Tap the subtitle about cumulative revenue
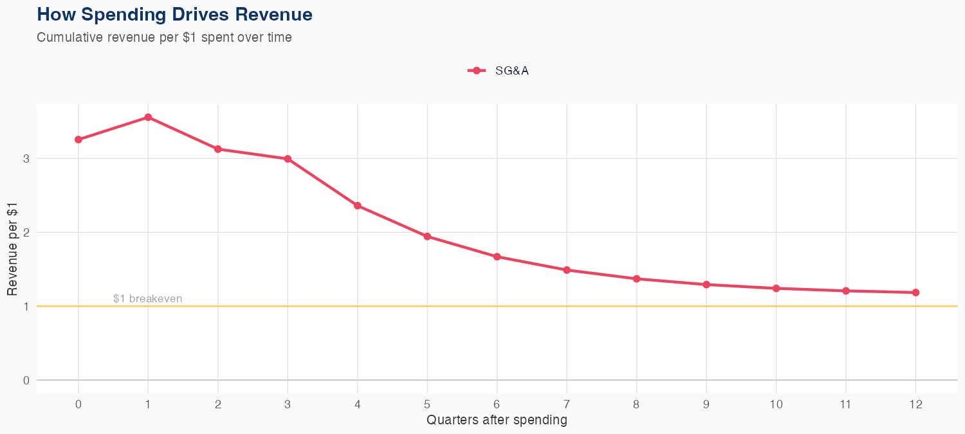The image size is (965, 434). coord(164,37)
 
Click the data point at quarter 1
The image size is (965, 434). coord(148,117)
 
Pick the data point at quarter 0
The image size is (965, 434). coord(78,140)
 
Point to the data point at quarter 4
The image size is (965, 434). coord(358,206)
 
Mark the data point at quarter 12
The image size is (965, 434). coord(915,293)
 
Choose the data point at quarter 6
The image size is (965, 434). coord(497,257)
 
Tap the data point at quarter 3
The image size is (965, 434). coord(288,159)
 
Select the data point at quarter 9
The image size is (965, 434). coord(706,284)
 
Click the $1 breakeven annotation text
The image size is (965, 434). coord(147,298)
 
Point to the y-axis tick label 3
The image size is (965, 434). coord(26,158)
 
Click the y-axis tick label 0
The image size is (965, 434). coord(26,380)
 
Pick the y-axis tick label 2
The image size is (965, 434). coord(26,232)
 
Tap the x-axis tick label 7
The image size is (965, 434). coord(567,404)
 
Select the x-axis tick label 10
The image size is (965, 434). coord(776,404)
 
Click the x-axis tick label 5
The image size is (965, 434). coord(427,404)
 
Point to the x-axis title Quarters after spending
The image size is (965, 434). coord(497,420)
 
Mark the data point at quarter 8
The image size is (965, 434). coord(636,278)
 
